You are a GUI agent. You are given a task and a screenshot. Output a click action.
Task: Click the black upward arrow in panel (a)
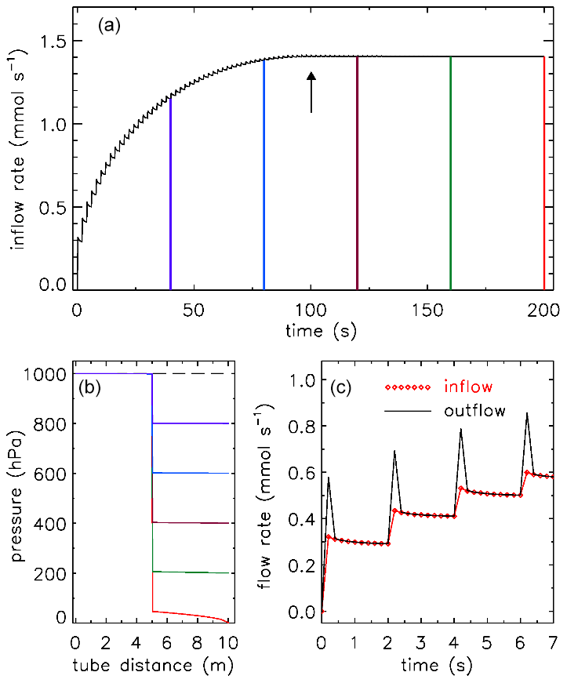click(311, 93)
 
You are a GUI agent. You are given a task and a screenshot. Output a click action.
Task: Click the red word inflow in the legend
click(469, 387)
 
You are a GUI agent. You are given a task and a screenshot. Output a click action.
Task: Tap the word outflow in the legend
click(475, 410)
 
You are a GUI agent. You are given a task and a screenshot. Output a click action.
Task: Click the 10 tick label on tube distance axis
click(228, 643)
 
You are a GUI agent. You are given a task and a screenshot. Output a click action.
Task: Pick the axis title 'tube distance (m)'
click(153, 665)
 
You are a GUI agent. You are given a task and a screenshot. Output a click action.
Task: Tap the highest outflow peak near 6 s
click(527, 413)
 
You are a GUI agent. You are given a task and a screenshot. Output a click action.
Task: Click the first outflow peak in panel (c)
click(329, 477)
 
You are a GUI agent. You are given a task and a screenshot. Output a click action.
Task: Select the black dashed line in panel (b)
click(192, 374)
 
